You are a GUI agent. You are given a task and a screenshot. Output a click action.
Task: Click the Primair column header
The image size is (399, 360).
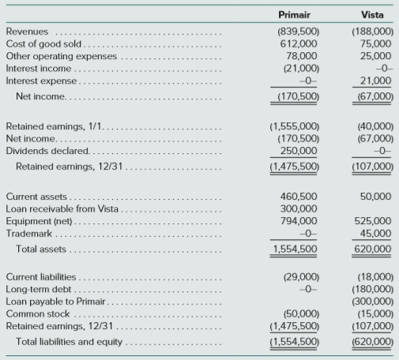coord(294,15)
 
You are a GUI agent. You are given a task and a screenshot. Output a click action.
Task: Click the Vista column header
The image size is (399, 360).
coord(372,15)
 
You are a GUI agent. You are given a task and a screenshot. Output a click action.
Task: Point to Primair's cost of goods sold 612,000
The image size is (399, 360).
coord(299,43)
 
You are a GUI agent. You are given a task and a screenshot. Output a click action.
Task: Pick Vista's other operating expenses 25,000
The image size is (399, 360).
coord(375,56)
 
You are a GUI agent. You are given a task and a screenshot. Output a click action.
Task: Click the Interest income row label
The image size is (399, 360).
coord(39,69)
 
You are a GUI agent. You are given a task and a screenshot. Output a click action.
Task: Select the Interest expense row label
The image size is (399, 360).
coord(41,81)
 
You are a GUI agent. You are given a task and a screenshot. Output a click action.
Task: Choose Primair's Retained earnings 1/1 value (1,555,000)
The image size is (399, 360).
coord(294,126)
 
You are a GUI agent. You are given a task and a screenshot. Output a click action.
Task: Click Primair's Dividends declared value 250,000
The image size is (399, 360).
coord(299,151)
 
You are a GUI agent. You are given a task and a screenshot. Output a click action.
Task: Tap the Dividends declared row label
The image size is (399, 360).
coord(47,151)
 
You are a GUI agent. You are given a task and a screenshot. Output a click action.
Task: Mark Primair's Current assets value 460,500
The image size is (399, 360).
coord(299,197)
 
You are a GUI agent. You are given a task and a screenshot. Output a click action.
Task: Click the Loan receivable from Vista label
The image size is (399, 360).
coord(62,208)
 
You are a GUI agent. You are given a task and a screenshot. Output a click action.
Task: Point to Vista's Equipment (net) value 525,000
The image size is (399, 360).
coord(373,221)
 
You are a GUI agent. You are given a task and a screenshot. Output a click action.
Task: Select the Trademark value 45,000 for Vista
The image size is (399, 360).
coord(375,234)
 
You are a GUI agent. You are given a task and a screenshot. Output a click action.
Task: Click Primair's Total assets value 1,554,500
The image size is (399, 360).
coord(295,249)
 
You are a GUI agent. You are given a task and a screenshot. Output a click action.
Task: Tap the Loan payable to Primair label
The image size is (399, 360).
coord(55,302)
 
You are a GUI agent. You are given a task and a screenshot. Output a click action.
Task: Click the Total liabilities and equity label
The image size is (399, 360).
coord(70,342)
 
